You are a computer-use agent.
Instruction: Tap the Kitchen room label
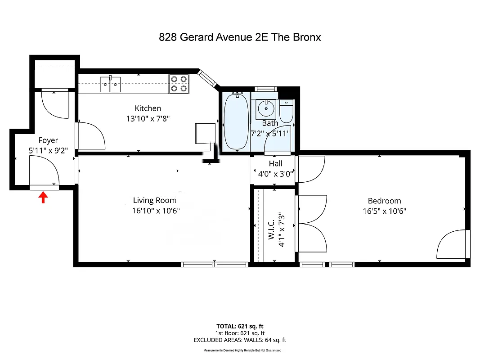[x=148, y=108]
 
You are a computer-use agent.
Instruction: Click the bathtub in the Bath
[x=236, y=121]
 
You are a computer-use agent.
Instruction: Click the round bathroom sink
[x=266, y=108]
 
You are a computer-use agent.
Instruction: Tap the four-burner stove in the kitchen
[x=178, y=84]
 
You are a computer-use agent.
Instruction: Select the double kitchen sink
[x=110, y=84]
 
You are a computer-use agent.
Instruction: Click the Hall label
[x=275, y=163]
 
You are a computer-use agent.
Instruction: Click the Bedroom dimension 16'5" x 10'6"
[x=384, y=211]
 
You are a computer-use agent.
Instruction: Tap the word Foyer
[x=48, y=140]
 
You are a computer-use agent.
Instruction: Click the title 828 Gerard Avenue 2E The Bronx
[x=240, y=37]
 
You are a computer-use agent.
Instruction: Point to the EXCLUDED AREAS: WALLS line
[x=240, y=340]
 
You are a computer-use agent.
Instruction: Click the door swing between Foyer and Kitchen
[x=91, y=135]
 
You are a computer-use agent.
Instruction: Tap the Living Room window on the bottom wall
[x=215, y=265]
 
